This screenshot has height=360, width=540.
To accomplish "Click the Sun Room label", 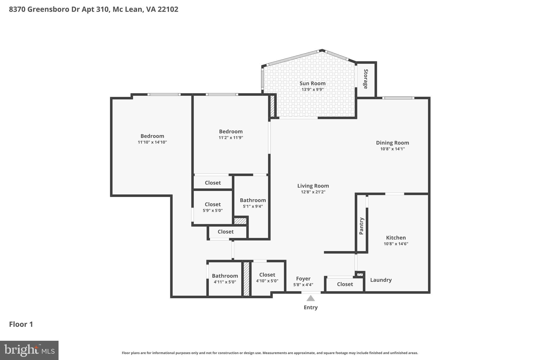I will pos(312,83).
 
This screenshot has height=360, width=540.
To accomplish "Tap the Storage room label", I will pos(366,79).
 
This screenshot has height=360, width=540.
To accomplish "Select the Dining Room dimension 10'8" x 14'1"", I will pos(392,149).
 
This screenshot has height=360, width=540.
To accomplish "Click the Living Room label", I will pos(313,186).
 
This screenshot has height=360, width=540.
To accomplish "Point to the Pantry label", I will pos(361,226).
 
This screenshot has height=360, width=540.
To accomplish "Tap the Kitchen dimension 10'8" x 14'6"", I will pos(396,244).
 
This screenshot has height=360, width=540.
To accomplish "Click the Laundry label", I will pos(381,280).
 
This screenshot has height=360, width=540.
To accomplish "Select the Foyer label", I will pos(303,279).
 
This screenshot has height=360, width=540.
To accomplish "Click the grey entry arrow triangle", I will pos(311,299).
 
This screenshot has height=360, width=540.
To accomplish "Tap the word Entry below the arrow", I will pos(311,308).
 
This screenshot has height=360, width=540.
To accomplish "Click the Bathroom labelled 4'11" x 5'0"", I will pos(225,276).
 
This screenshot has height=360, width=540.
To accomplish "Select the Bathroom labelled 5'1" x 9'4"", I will pos(253,200).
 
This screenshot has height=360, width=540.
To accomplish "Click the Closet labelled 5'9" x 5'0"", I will pos(213,204).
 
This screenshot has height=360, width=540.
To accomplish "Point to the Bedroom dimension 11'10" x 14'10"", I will pos(152,142).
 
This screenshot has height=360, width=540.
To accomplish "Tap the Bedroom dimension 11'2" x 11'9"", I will pos(231,138).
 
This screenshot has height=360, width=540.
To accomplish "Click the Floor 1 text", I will pos(21,324).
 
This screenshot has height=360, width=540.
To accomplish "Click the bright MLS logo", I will pos(29,351).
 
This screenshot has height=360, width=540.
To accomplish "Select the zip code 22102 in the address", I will pos(168,9).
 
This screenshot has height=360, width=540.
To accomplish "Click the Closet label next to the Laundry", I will pos(345,284).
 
